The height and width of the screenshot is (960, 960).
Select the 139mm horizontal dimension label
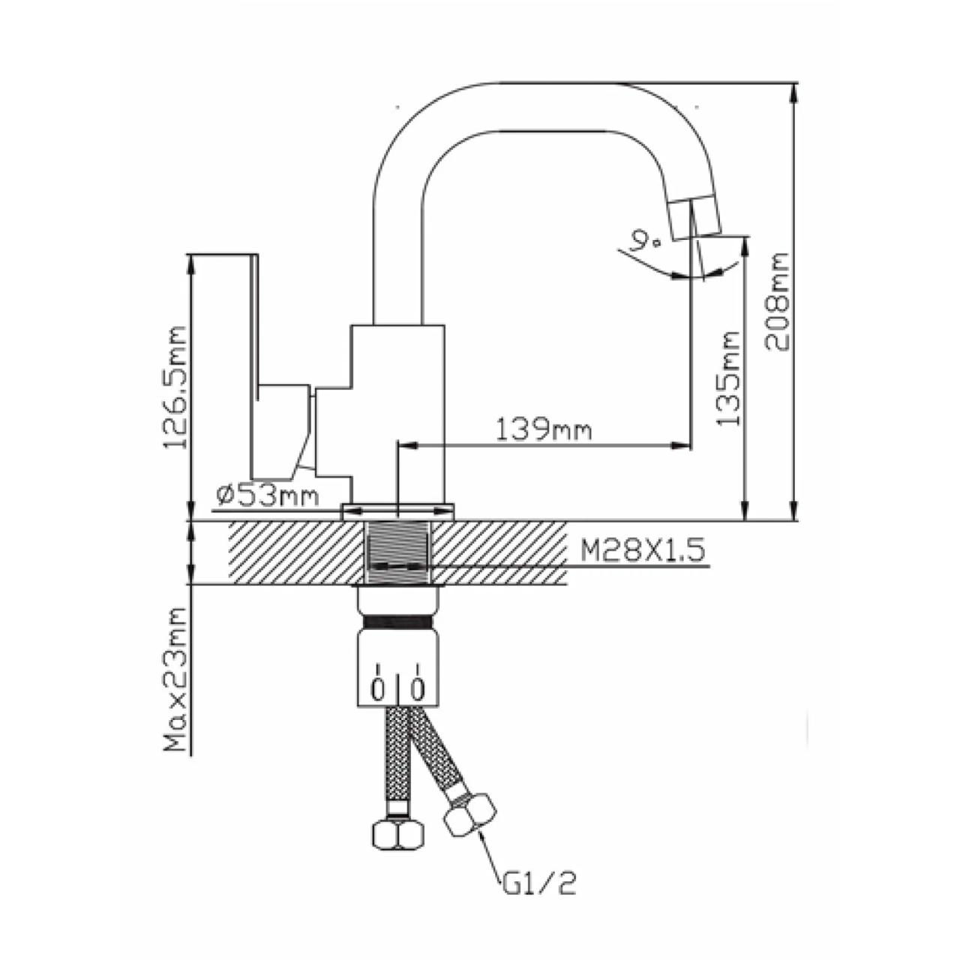tap(544, 430)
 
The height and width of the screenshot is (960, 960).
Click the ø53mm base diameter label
tap(267, 495)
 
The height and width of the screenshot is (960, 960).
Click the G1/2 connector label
tap(540, 885)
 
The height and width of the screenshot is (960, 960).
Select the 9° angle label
tap(644, 241)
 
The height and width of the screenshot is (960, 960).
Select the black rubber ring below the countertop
tap(397, 623)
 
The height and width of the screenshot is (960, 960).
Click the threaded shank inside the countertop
tap(397, 551)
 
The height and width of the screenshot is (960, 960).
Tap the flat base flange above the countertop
tap(397, 512)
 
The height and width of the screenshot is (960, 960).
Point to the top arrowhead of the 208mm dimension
tap(795, 87)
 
